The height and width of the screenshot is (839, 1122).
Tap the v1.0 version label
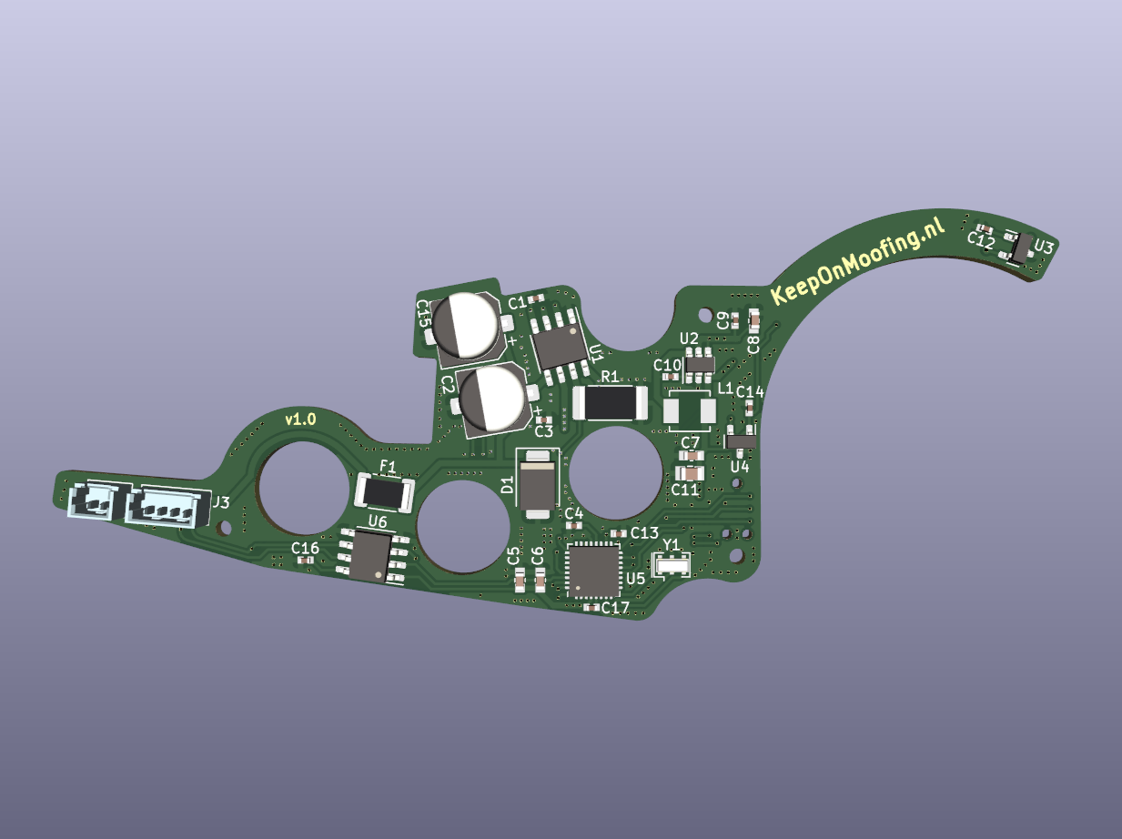coord(300,420)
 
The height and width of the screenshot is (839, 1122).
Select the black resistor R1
coord(610,402)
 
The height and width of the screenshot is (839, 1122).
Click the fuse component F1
coord(384,492)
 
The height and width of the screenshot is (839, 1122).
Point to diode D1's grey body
coord(536,484)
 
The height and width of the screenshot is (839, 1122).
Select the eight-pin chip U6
coord(372,556)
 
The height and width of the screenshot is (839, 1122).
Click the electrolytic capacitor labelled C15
coord(465,326)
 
